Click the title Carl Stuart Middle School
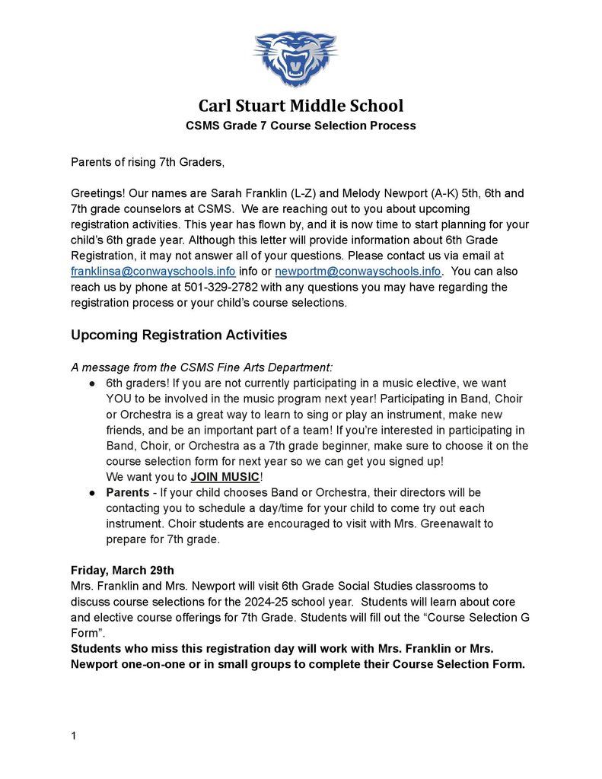pyautogui.click(x=301, y=106)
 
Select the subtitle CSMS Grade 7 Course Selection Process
pyautogui.click(x=301, y=126)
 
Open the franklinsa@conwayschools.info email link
pyautogui.click(x=153, y=272)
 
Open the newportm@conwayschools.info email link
pyautogui.click(x=358, y=272)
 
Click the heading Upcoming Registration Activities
pyautogui.click(x=179, y=335)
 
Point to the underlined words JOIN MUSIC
pyautogui.click(x=225, y=477)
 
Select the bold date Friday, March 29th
pyautogui.click(x=123, y=570)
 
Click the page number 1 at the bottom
pyautogui.click(x=74, y=736)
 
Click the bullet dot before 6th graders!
pyautogui.click(x=92, y=383)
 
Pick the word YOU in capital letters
pyautogui.click(x=119, y=399)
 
